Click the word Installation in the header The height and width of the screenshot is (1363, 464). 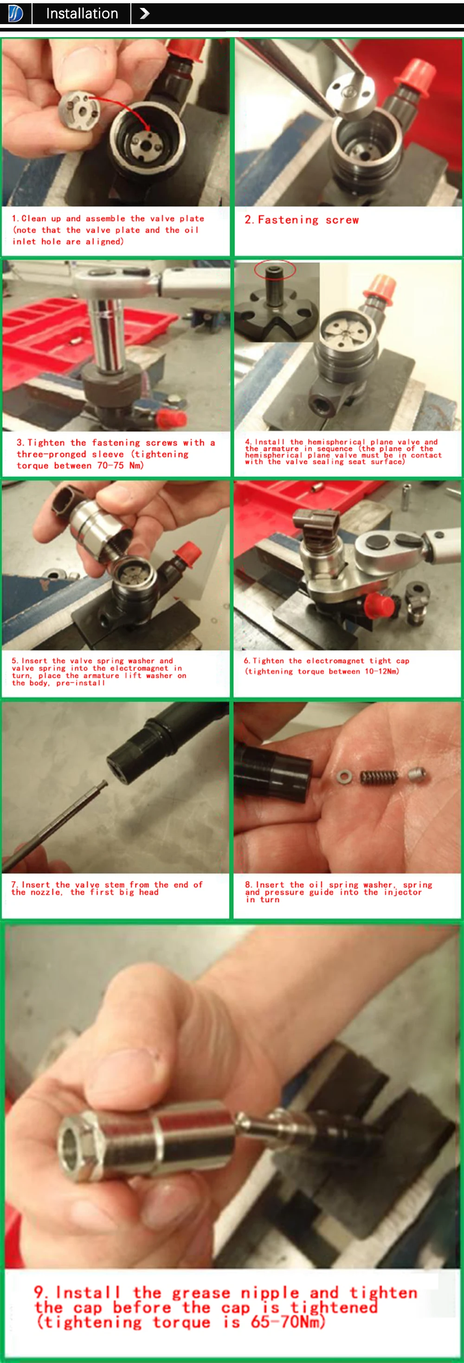click(x=82, y=14)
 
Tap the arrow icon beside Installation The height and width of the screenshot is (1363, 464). click(x=144, y=14)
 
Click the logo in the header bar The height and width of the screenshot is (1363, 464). click(x=16, y=14)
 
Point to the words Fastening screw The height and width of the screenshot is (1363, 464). click(x=302, y=220)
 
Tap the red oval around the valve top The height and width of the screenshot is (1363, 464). click(x=275, y=270)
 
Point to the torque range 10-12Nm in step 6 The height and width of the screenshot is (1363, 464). click(x=382, y=671)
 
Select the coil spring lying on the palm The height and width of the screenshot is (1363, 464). click(x=379, y=777)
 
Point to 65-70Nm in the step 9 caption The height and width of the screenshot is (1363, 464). click(x=287, y=1322)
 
